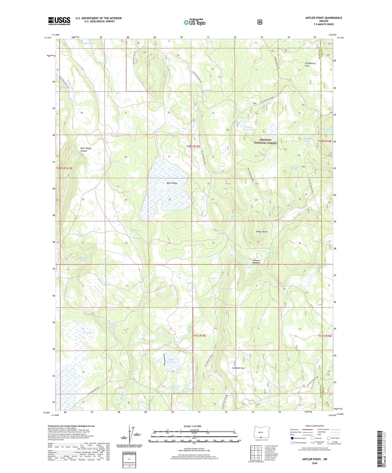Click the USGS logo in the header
pyautogui.click(x=59, y=21)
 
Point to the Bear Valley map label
pyautogui.click(x=172, y=183)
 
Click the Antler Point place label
pyautogui.click(x=262, y=232)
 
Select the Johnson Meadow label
pyautogui.click(x=256, y=262)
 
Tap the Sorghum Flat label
pyautogui.click(x=238, y=368)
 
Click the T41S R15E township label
pyautogui.click(x=199, y=335)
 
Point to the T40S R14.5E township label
pyautogui.click(x=64, y=168)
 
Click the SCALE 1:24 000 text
pyautogui.click(x=192, y=426)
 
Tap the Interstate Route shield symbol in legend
pyautogui.click(x=292, y=438)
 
